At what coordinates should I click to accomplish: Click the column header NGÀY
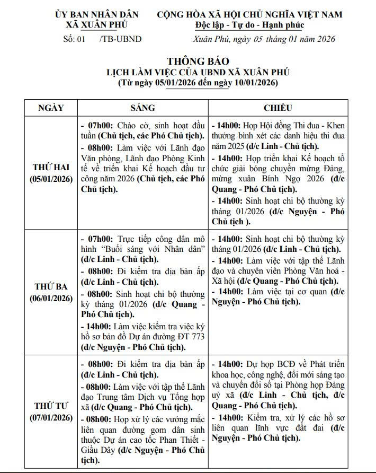coord(51,108)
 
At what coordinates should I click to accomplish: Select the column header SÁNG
coord(142,108)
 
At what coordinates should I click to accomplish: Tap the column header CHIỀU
coord(278,108)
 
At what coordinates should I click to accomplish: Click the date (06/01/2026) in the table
coord(51,298)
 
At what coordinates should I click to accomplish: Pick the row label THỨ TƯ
coord(51,406)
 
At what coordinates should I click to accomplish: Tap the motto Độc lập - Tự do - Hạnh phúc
coord(249,25)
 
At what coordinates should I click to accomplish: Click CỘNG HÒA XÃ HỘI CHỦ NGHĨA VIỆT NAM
coord(249,14)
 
